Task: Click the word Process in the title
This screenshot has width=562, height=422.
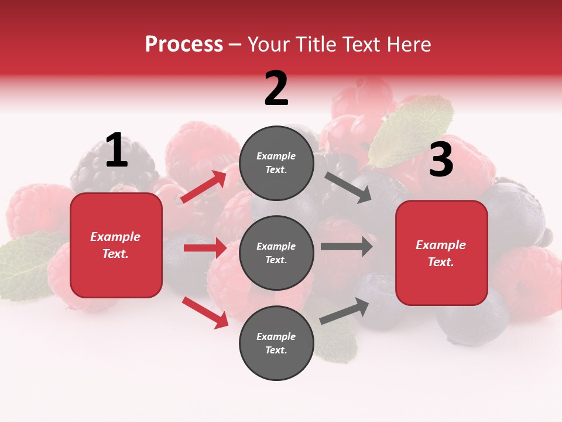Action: tap(184, 45)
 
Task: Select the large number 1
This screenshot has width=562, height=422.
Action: tap(116, 151)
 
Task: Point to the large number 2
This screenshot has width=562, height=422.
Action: tap(276, 89)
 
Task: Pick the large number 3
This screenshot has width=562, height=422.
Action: tap(441, 161)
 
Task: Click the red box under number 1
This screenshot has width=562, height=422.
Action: tap(116, 245)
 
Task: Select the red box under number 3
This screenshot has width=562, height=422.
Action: tap(441, 253)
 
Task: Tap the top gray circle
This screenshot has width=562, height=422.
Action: tap(276, 163)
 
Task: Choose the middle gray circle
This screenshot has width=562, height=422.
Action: tap(276, 253)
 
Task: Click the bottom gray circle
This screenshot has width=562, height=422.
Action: tap(276, 343)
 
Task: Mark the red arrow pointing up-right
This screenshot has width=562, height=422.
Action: tap(204, 187)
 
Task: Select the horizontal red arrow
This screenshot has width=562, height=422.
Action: tap(205, 249)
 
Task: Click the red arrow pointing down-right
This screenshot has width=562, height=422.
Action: tap(205, 312)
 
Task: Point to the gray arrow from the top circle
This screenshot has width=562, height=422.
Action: tap(348, 187)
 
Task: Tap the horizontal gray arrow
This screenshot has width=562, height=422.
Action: tap(347, 246)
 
